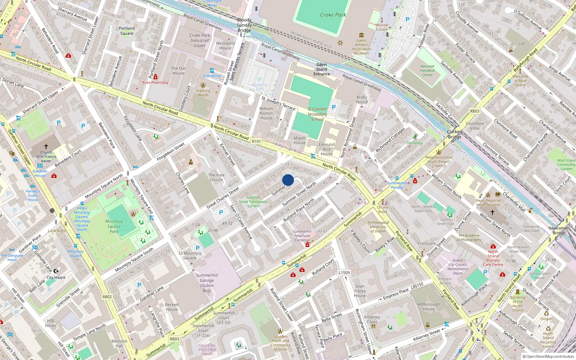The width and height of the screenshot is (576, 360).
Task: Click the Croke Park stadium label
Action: click(333, 15)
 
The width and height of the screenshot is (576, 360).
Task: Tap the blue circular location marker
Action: click(288, 180)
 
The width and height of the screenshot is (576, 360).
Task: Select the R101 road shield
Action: click(256, 141)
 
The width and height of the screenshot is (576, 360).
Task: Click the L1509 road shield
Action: click(344, 273)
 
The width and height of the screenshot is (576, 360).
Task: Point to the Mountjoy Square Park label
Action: click(114, 226)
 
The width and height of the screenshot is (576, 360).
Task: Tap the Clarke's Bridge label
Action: click(455, 134)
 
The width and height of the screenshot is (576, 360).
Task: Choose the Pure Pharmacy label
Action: click(155, 82)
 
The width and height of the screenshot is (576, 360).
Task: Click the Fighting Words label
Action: click(203, 93)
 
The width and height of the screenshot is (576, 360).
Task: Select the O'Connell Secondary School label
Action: click(317, 114)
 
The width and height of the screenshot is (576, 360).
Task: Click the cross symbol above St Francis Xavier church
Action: click(46, 147)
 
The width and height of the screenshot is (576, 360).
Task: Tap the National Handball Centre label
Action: click(427, 71)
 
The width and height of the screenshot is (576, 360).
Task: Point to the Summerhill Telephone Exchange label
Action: click(302, 236)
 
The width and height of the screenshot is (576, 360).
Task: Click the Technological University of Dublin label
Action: click(378, 227)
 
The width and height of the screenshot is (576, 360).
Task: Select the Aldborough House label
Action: click(429, 306)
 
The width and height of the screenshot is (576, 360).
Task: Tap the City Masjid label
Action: click(56, 278)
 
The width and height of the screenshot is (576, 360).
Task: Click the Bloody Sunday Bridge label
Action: click(244, 25)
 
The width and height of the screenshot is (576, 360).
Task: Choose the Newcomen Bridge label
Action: click(559, 230)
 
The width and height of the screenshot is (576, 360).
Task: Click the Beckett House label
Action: click(172, 307)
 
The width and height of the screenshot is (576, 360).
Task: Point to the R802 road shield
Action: click(107, 297)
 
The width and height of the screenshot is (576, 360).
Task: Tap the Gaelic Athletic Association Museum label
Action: click(361, 47)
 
